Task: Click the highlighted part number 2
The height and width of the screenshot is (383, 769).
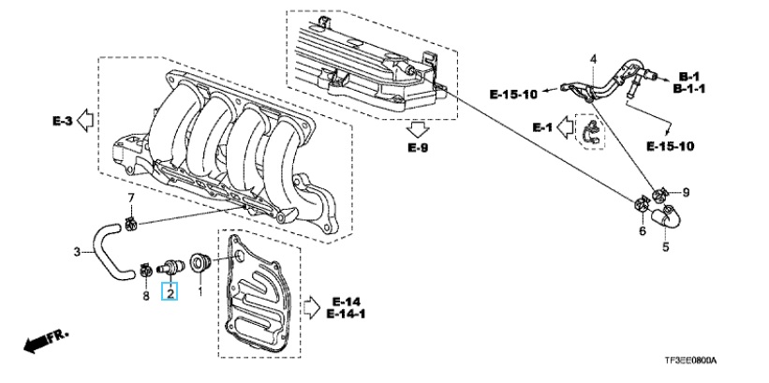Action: pos(170,293)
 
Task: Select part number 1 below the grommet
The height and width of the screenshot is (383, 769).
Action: pos(200,293)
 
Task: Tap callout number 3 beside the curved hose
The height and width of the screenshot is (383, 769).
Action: pos(77,253)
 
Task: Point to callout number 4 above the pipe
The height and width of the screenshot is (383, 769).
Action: pos(594,59)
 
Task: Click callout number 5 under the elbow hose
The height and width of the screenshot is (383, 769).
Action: pos(666,246)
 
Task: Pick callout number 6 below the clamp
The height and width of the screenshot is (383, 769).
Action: pos(642,230)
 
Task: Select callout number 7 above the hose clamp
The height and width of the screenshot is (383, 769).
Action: pos(131,199)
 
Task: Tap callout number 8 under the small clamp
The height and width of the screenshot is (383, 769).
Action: pos(146,296)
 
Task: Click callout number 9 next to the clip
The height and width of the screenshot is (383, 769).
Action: pos(686,193)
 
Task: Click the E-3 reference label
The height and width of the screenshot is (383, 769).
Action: pos(62,121)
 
